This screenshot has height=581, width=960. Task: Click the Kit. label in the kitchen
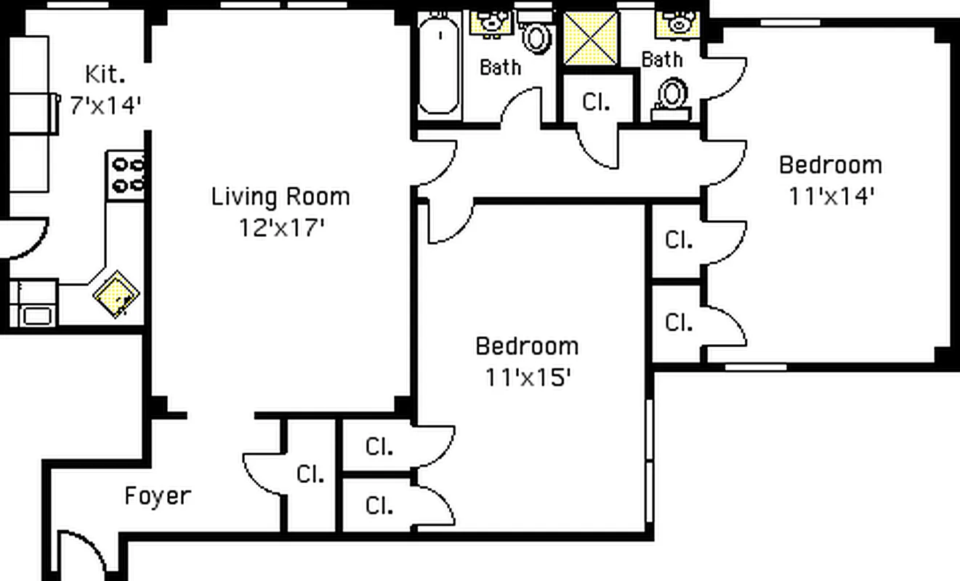(x=105, y=74)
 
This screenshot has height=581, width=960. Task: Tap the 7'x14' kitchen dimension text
(x=105, y=105)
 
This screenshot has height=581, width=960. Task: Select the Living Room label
(x=280, y=197)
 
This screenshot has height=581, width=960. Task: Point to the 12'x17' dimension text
(x=281, y=228)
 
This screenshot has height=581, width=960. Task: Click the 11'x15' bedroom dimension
(x=527, y=378)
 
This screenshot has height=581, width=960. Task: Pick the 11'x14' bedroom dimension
(x=831, y=197)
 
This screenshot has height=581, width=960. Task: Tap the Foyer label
(x=158, y=497)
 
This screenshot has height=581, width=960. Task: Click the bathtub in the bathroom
(x=439, y=65)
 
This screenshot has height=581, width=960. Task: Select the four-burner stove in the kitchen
(x=126, y=176)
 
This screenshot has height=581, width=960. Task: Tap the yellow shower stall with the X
(x=590, y=38)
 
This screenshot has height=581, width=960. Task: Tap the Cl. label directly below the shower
(x=596, y=102)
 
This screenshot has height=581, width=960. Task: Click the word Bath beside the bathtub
(x=500, y=68)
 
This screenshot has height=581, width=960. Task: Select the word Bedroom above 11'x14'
(x=830, y=166)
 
